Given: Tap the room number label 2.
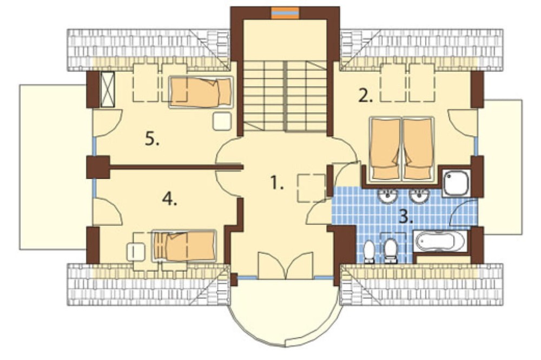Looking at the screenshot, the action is tap(365, 96).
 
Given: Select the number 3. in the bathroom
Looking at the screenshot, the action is tap(406, 217).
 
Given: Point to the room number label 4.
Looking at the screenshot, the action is tap(169, 198).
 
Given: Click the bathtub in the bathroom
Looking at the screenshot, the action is tap(441, 241).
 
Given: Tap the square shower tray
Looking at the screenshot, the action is tap(457, 183).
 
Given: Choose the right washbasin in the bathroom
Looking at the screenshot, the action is tap(419, 196).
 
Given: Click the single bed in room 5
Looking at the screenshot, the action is tap(201, 92).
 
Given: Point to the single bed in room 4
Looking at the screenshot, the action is tap(184, 246).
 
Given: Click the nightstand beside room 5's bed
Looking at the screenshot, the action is tap(222, 121).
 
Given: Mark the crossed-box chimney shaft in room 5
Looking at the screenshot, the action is tap(107, 89).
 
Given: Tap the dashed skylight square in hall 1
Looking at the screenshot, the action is tap(312, 188).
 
